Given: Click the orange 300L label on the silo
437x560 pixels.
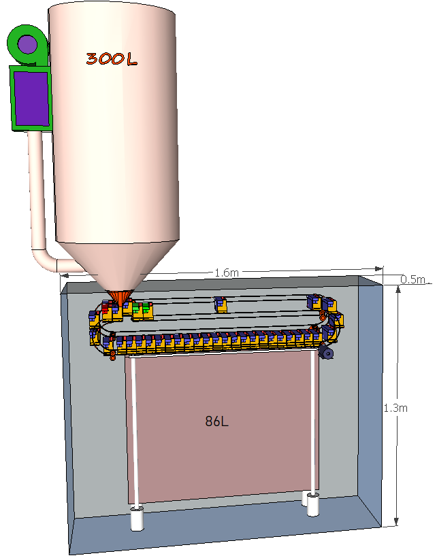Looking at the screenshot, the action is click(112, 59).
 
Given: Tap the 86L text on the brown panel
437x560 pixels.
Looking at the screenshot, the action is click(216, 421).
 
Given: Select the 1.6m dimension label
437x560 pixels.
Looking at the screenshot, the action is click(227, 273).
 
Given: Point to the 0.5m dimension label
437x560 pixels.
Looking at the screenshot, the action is click(412, 279).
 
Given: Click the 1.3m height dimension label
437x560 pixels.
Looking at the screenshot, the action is click(395, 408).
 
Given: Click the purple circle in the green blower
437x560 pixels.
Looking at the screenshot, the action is click(27, 44).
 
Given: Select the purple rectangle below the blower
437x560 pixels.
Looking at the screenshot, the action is click(31, 99).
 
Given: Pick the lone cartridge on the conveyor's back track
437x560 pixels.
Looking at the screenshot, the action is click(221, 304).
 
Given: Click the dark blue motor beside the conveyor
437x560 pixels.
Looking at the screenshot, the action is click(327, 353).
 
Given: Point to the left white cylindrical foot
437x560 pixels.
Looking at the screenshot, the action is click(137, 518).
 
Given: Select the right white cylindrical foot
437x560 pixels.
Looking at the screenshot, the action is click(312, 505).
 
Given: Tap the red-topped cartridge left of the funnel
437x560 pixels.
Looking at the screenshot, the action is click(106, 307).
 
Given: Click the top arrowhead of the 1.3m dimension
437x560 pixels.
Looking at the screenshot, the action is click(398, 289).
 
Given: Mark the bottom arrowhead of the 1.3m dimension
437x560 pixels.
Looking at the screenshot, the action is click(396, 521).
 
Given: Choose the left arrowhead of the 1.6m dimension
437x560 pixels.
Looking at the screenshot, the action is click(65, 276).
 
